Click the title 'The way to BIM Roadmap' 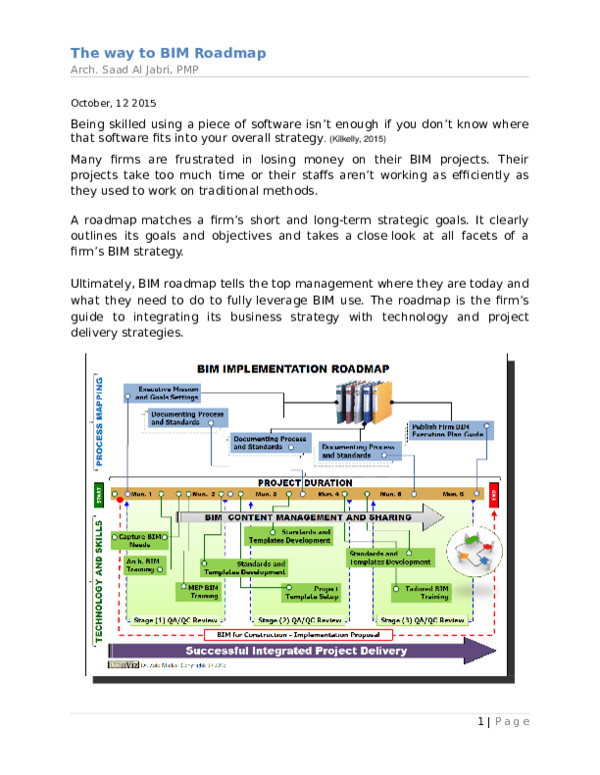[168, 53]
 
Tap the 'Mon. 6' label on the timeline [453, 493]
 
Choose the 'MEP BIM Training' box [204, 591]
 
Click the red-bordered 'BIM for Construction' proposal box [297, 634]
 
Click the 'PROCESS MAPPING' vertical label [100, 423]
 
